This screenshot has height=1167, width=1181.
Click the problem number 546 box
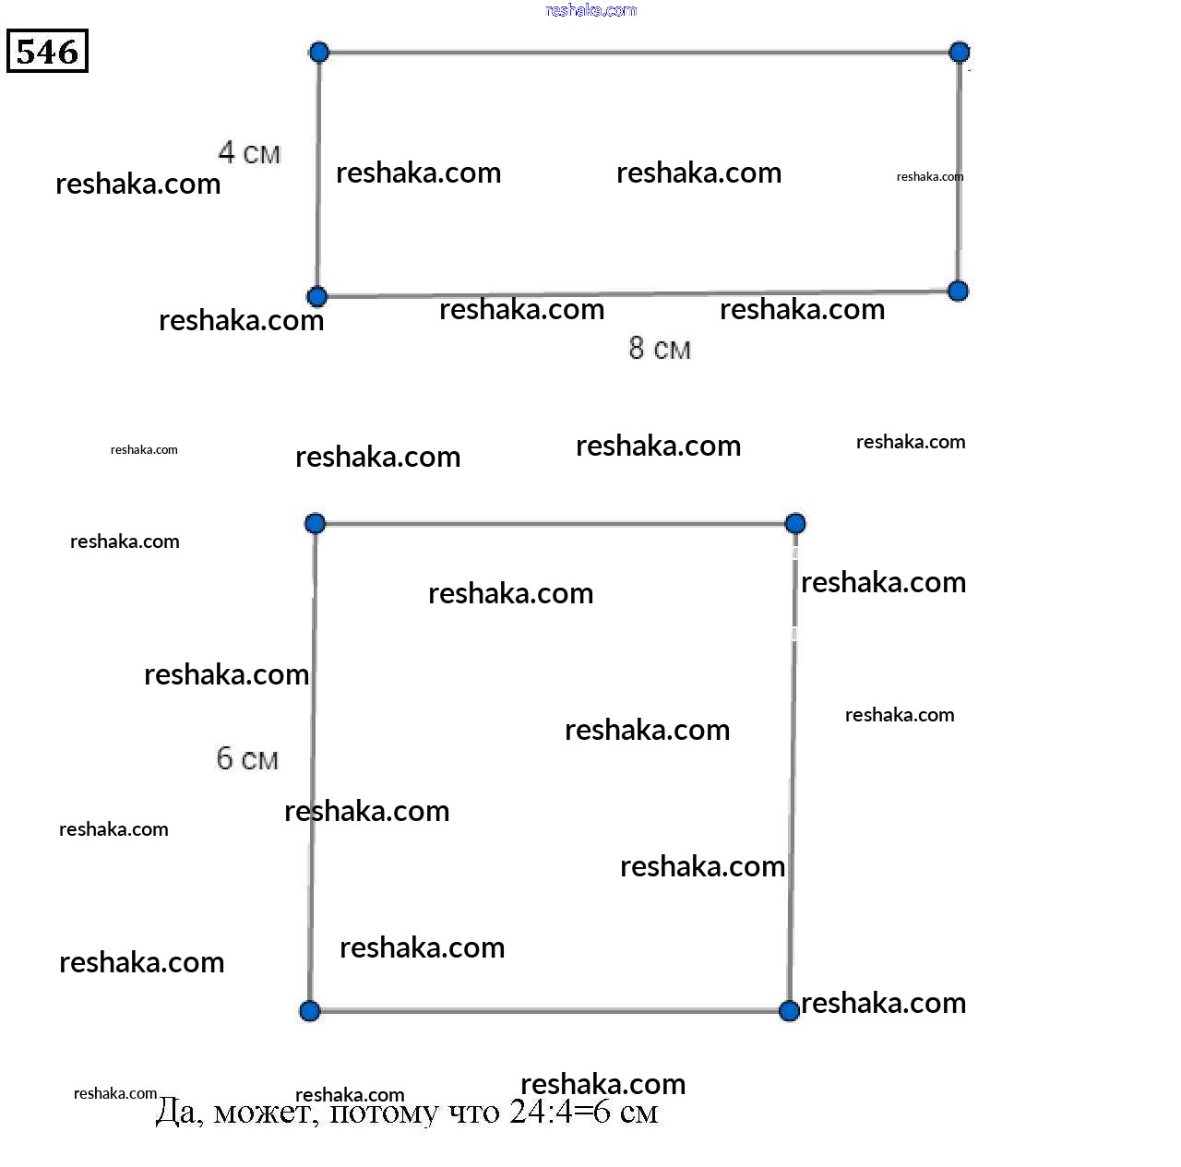[47, 52]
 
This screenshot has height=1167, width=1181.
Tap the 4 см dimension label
[249, 152]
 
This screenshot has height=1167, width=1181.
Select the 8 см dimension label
[660, 349]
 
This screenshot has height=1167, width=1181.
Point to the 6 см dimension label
[247, 758]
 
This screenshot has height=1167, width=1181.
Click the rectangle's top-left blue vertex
[318, 52]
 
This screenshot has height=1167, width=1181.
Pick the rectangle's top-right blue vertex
[960, 52]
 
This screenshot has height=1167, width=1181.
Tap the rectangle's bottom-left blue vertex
[316, 296]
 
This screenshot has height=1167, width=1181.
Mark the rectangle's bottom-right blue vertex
[958, 292]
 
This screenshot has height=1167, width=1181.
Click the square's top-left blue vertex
[315, 524]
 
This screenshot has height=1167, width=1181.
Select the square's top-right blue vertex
[795, 524]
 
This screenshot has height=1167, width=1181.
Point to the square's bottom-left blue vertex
[310, 1011]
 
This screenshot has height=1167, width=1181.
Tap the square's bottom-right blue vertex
[789, 1011]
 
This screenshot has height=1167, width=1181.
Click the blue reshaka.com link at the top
[591, 10]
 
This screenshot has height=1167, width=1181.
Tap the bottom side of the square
[549, 1011]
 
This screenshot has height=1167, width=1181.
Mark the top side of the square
[555, 524]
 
